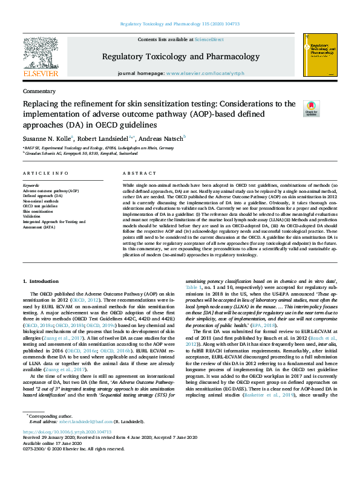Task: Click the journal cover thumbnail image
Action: [319, 54]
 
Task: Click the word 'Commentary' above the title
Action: [39, 91]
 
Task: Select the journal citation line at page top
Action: [180, 24]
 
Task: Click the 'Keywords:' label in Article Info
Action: [31, 184]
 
